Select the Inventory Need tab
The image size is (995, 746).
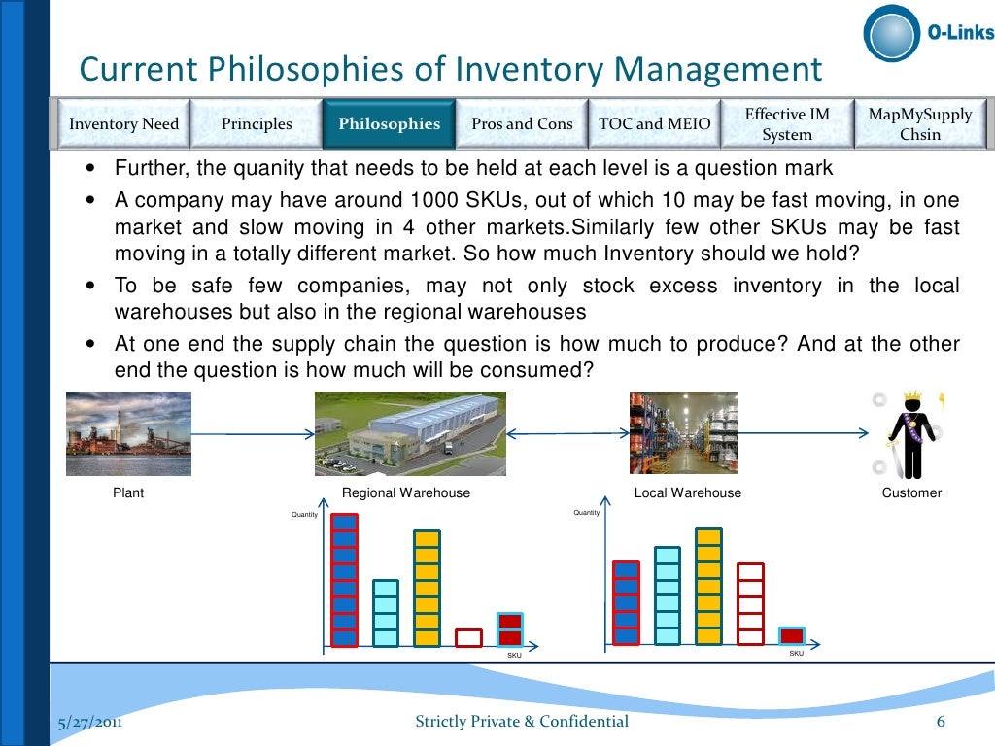(123, 124)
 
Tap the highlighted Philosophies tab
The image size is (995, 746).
(389, 124)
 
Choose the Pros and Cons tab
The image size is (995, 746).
(522, 124)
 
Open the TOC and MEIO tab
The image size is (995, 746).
(654, 124)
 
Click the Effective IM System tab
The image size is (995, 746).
(787, 124)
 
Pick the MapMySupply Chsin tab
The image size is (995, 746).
(919, 124)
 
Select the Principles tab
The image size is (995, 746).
(257, 124)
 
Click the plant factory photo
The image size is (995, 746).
(128, 434)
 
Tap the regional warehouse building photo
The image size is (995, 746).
(410, 434)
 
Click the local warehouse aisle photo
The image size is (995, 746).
(683, 433)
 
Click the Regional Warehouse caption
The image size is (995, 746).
(406, 493)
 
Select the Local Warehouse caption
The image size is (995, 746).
(687, 493)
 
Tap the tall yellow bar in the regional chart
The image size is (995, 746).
(427, 588)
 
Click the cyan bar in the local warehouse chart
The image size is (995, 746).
(668, 595)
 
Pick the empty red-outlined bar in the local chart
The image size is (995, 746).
(750, 603)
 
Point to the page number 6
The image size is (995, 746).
(941, 722)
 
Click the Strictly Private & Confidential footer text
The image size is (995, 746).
(522, 722)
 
